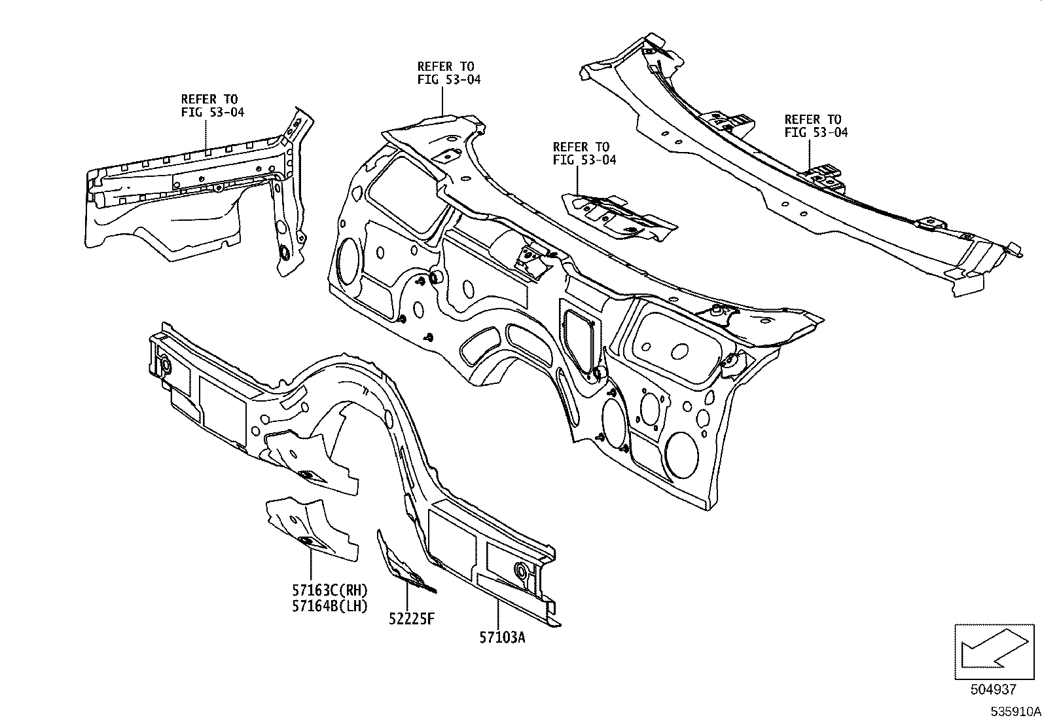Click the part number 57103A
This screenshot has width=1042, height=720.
click(501, 636)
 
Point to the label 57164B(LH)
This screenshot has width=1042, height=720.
click(331, 606)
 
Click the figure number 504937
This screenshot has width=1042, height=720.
click(994, 689)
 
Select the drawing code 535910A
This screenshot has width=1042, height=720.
click(1014, 711)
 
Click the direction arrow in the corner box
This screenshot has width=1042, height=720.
click(992, 649)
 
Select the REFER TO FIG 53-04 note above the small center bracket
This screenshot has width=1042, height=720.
click(584, 153)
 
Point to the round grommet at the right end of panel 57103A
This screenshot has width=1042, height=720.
click(522, 570)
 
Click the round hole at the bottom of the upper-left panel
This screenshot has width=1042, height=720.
click(286, 253)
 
